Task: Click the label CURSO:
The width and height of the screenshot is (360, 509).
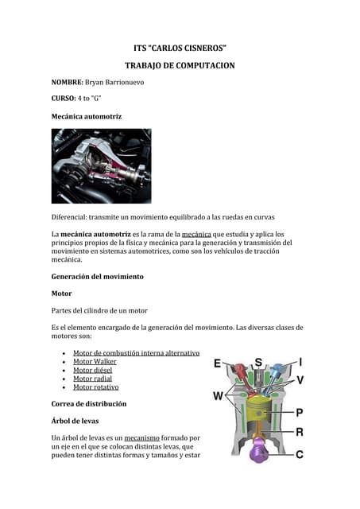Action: coord(66,99)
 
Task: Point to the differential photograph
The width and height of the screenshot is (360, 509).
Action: coord(101,167)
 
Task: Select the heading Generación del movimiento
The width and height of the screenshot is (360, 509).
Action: coord(97,276)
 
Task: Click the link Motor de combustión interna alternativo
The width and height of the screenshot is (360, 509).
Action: coord(135,352)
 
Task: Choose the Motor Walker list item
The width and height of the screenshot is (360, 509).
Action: coord(95,361)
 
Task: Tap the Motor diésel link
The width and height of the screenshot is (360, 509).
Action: coord(93,370)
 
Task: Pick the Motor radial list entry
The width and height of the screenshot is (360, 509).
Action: coord(92,379)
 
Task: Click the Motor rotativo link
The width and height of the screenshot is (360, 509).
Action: coord(95,387)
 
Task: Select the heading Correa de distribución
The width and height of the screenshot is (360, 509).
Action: coord(88,404)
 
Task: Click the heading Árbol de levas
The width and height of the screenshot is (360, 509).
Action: coord(82,421)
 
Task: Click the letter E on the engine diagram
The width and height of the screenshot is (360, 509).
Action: coord(218,363)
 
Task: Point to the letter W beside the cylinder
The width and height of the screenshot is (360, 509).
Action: coord(218,395)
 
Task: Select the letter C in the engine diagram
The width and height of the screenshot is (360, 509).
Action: coord(300,455)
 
